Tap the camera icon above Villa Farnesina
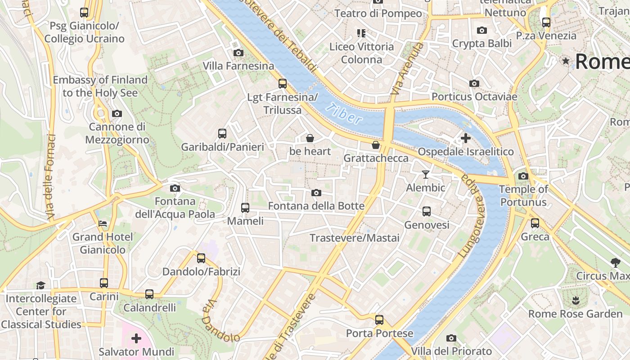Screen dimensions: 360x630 [238, 53]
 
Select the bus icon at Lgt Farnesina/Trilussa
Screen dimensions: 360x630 [283, 84]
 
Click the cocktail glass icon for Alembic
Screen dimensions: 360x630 [425, 174]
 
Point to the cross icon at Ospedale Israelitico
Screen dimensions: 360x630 [466, 138]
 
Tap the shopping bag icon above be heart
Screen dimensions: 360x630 [310, 138]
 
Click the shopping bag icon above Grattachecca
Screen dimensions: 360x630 [376, 145]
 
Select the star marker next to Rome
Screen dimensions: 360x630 [566, 61]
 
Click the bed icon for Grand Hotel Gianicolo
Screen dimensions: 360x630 [103, 224]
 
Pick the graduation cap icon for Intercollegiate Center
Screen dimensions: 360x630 [40, 285]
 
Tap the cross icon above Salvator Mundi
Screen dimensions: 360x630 [136, 338]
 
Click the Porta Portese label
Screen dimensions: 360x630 [379, 333]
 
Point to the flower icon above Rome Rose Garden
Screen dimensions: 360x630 [575, 300]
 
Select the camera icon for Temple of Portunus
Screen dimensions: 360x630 [523, 176]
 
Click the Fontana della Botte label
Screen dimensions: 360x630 [316, 206]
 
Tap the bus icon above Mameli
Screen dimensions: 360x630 [245, 207]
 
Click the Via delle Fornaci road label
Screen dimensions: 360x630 [50, 178]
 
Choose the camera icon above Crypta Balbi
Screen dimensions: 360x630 [482, 30]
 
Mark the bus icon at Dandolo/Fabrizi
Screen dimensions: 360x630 [201, 258]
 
